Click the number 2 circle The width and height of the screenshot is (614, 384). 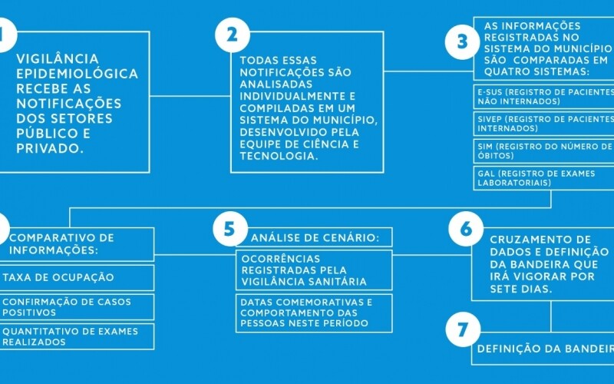(x=233, y=35)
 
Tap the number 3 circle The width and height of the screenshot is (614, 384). (x=462, y=41)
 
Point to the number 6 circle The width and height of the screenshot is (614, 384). (x=465, y=230)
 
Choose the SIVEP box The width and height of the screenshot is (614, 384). (x=543, y=124)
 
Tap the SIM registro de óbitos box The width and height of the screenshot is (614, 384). (x=543, y=151)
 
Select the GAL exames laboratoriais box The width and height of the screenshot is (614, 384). (x=543, y=178)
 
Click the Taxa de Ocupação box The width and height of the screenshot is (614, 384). (x=77, y=277)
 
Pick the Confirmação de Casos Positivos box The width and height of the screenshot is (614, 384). (x=77, y=307)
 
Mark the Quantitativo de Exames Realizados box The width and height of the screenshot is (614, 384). (x=77, y=336)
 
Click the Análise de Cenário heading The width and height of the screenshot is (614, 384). (x=315, y=237)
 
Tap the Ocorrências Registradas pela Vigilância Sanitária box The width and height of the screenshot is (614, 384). (x=315, y=270)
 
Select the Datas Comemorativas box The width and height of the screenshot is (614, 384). (x=315, y=313)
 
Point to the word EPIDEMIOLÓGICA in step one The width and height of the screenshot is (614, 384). (x=78, y=74)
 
